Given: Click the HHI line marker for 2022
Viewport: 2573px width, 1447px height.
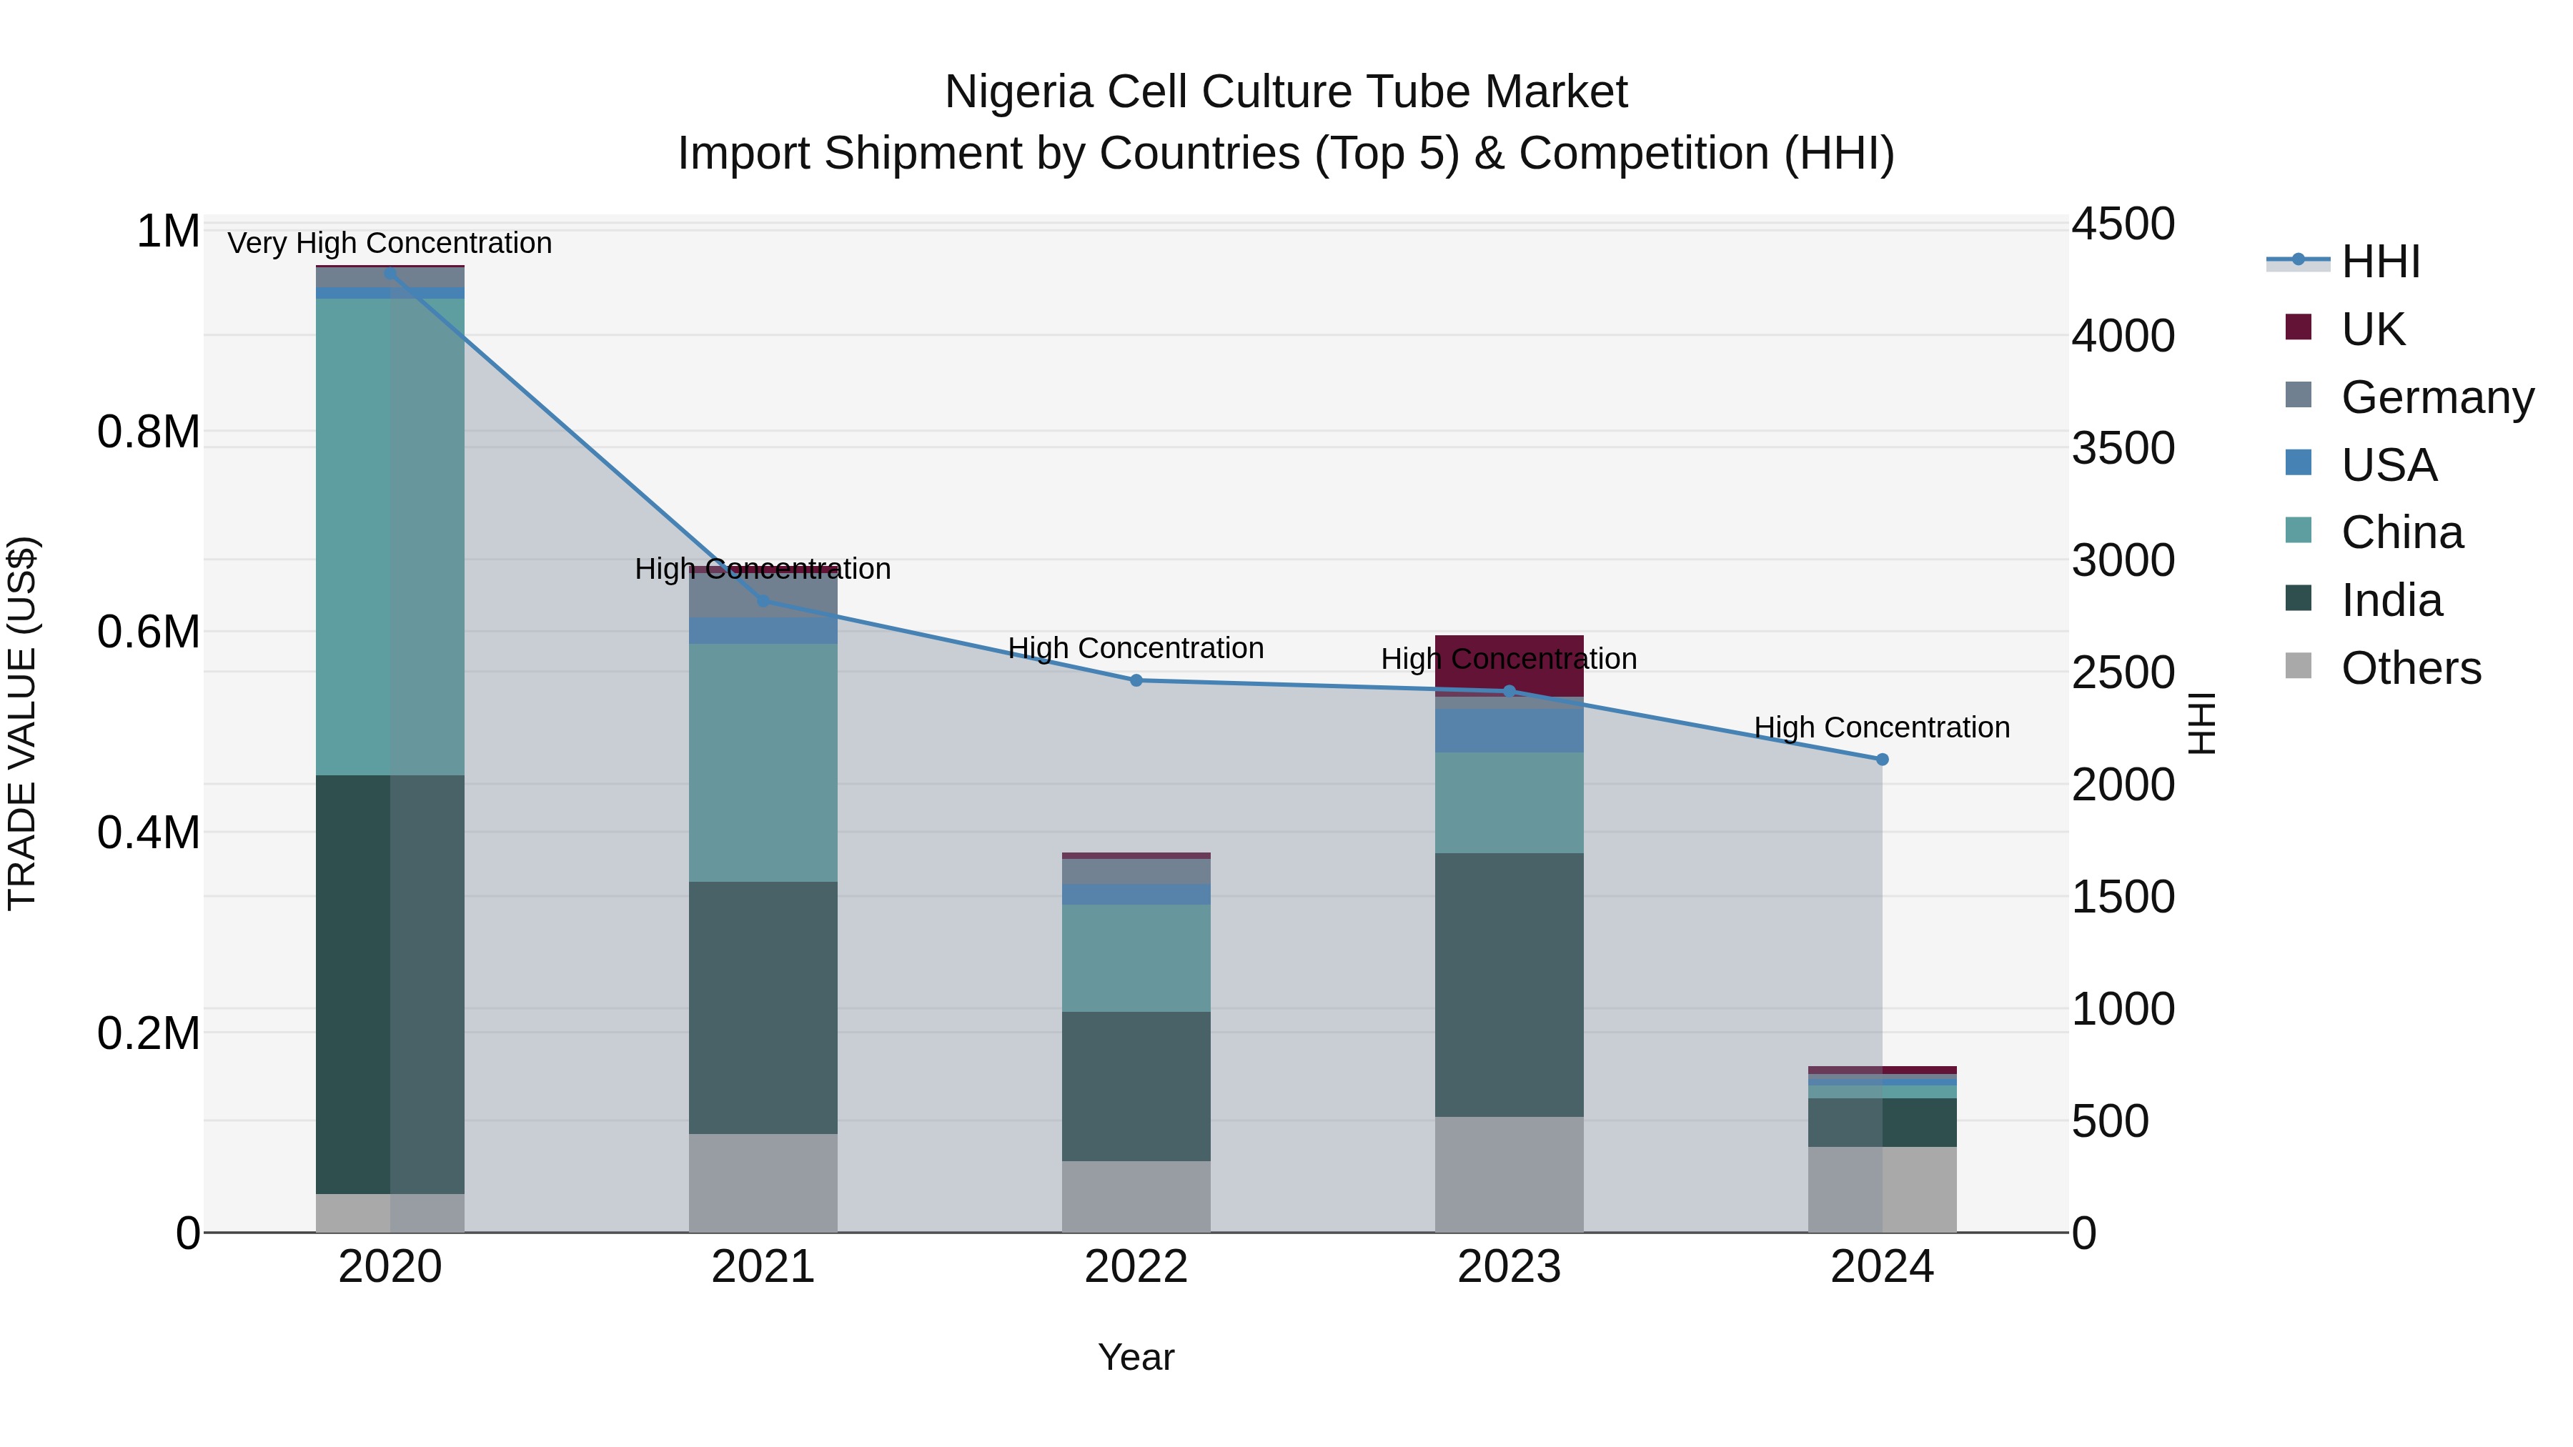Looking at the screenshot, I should tap(1136, 680).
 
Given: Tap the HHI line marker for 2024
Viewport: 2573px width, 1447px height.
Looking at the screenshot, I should tap(1882, 759).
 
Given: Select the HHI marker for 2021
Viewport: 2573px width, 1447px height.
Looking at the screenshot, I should tap(763, 600).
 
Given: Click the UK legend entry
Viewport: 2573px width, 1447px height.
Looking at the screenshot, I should tap(2372, 329).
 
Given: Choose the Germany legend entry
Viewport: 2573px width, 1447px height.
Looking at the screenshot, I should tap(2436, 397).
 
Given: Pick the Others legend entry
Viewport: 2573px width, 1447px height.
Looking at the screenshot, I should tap(2410, 668).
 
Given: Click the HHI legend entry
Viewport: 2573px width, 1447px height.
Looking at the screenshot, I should tap(2379, 262).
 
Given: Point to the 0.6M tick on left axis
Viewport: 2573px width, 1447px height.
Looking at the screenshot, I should tap(149, 632).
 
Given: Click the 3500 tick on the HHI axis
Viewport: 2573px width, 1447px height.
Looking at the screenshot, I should tap(2123, 447).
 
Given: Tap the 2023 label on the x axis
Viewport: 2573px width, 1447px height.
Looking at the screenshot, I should tap(1508, 1266).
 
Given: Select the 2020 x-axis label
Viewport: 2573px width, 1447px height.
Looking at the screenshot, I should tap(390, 1266).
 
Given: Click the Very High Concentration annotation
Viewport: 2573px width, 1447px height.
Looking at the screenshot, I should tap(390, 243).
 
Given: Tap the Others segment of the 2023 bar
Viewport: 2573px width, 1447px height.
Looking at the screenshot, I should tap(1508, 1173).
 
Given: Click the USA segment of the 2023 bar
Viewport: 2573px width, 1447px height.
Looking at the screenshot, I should tap(1508, 730).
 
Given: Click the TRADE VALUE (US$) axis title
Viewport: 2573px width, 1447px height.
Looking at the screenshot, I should tap(22, 723).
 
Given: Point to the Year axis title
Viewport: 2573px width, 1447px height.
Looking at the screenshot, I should tap(1136, 1357).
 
